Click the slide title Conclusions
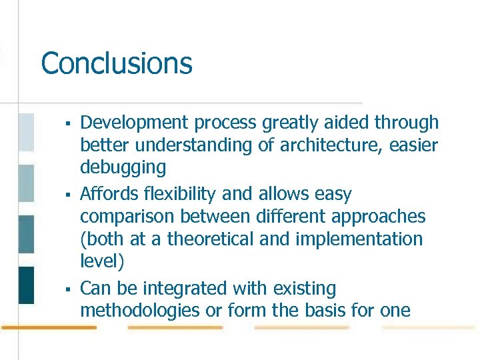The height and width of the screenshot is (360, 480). (x=117, y=64)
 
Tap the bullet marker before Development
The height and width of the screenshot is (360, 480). (x=67, y=123)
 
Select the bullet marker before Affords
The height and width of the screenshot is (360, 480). (x=67, y=195)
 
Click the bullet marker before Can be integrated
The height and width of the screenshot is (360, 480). (x=67, y=289)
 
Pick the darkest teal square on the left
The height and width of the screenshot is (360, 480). (x=26, y=285)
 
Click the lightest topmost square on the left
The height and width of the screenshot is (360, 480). (x=26, y=132)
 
